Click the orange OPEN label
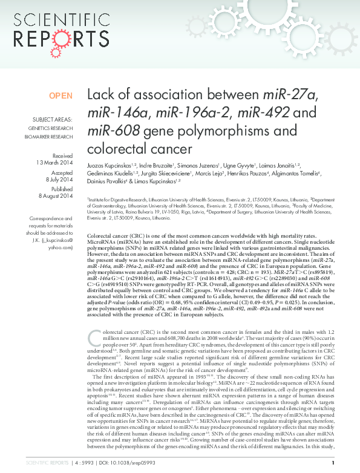pyautogui.click(x=61, y=96)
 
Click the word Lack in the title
pyautogui.click(x=100, y=96)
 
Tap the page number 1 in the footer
pyautogui.click(x=349, y=462)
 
